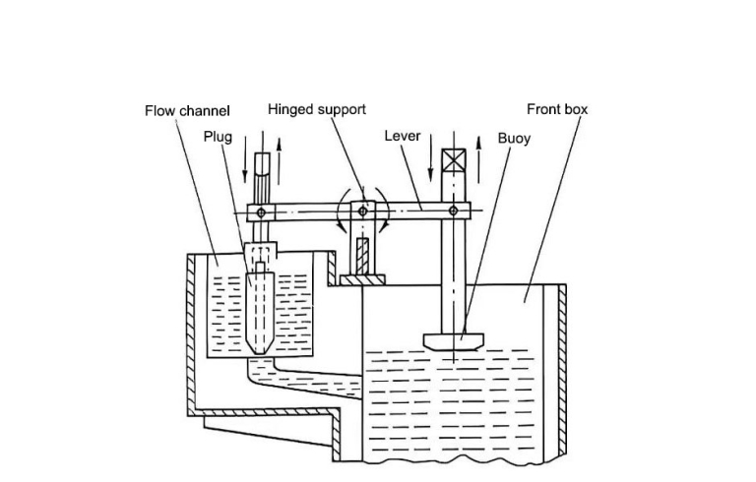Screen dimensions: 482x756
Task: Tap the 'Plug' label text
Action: tap(218, 137)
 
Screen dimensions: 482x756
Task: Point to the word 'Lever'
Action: tap(403, 136)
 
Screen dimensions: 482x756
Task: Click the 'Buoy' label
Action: tap(514, 139)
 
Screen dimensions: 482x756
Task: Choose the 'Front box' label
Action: tap(557, 109)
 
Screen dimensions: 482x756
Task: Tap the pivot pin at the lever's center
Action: tap(362, 211)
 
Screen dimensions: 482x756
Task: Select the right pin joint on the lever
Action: tap(453, 211)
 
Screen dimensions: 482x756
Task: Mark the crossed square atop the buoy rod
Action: tap(453, 160)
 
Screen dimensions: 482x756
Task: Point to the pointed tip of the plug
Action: tap(258, 351)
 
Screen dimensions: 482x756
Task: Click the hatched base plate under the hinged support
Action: tap(361, 281)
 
